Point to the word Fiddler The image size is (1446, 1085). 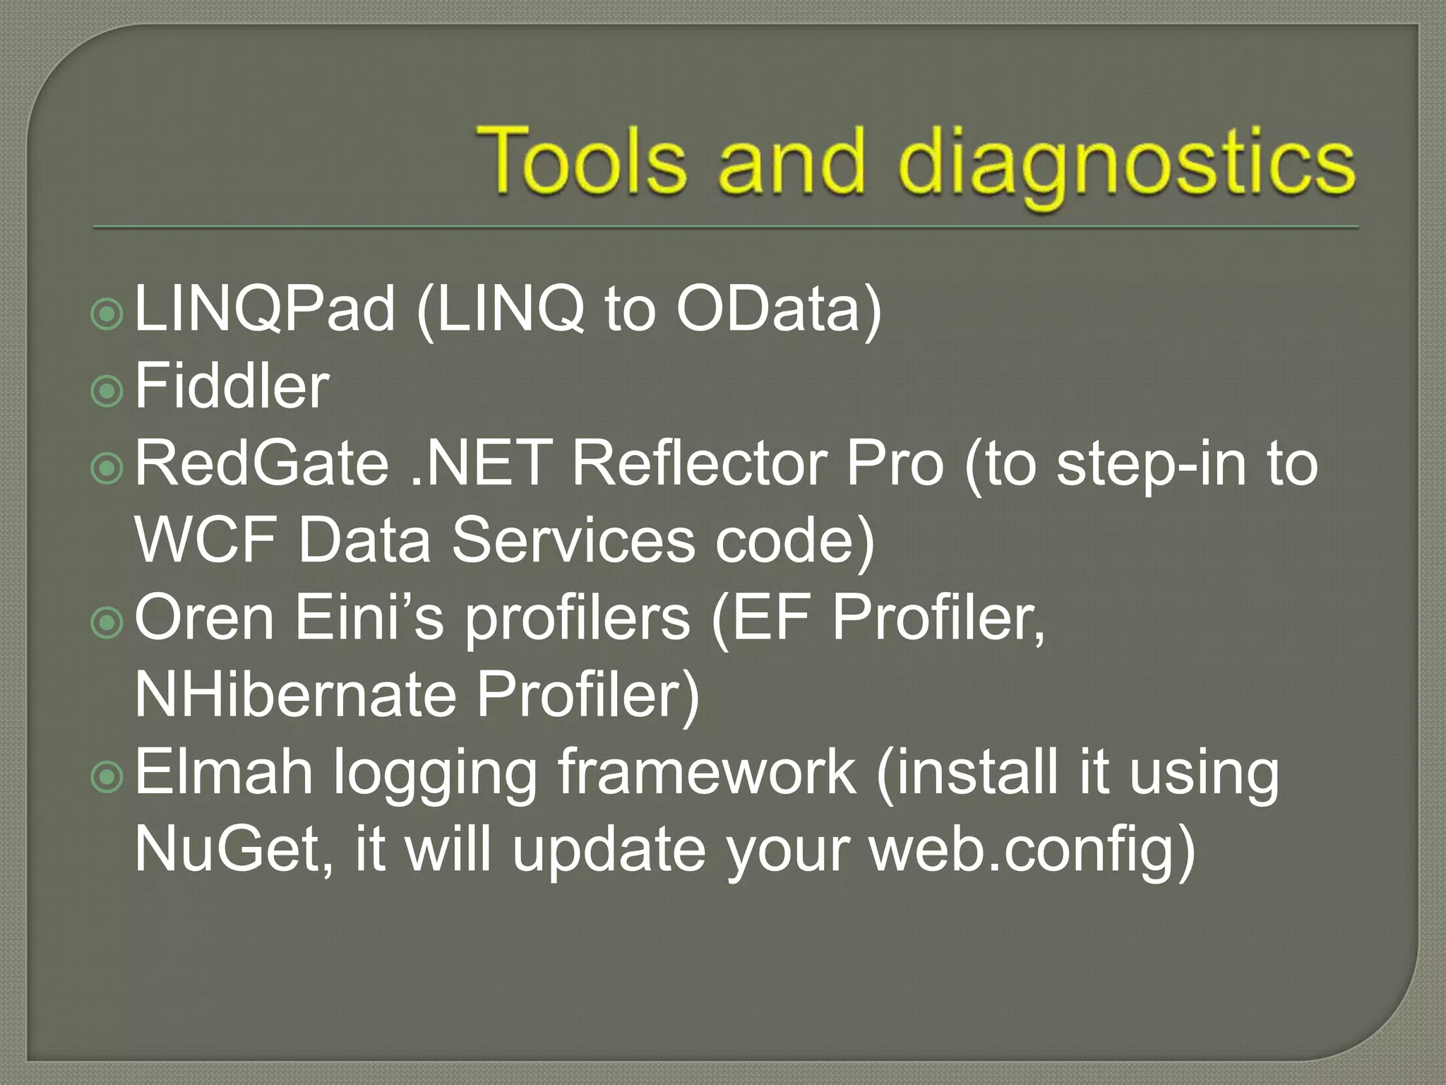point(232,386)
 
